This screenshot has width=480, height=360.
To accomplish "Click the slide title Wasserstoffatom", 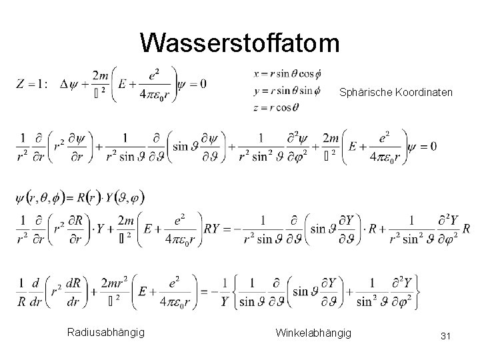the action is click(240, 43).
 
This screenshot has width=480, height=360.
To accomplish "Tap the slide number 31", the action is click(446, 337).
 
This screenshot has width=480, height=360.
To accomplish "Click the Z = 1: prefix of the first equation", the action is click(31, 84).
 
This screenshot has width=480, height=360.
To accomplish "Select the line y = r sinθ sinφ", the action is click(287, 89).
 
